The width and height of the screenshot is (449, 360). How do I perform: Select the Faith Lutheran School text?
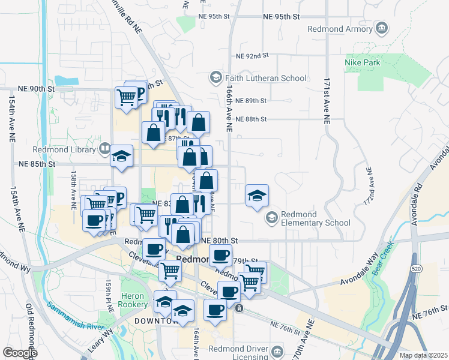(265, 78)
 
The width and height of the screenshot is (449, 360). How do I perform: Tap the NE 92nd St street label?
(252, 56)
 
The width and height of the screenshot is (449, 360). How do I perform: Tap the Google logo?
(20, 353)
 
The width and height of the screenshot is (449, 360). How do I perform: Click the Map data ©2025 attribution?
(423, 355)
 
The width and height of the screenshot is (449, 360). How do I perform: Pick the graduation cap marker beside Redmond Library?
(122, 158)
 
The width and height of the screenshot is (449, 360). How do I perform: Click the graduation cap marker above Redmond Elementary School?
(257, 196)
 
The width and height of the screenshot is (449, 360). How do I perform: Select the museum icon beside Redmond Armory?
(381, 28)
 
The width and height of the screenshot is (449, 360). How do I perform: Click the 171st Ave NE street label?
(327, 100)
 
